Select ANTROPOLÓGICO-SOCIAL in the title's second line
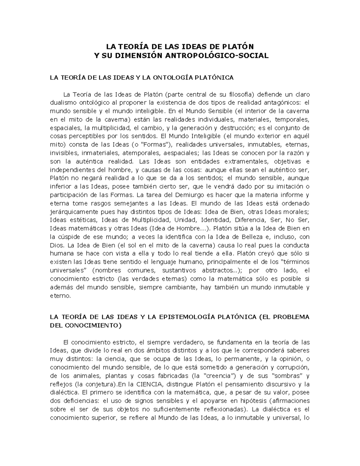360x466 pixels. click(222, 56)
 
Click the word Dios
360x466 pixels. click(56, 245)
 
